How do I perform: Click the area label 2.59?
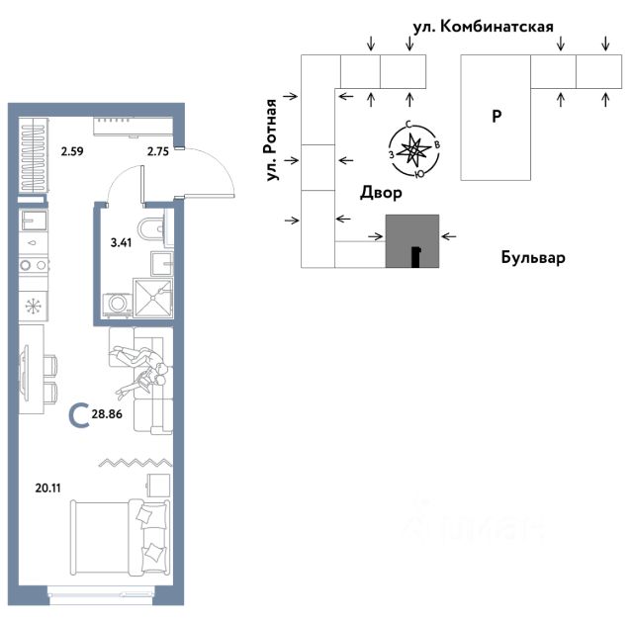click(x=72, y=151)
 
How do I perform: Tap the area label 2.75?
click(x=158, y=151)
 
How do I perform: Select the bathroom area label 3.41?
click(x=121, y=242)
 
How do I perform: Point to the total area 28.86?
click(x=107, y=414)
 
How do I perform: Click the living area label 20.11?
click(x=48, y=488)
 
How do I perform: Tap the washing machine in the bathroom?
click(x=117, y=304)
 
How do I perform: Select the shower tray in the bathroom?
click(x=153, y=298)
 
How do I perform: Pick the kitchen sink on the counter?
click(x=34, y=221)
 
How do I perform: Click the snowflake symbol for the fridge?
click(x=33, y=307)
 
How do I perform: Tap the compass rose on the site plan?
click(x=414, y=150)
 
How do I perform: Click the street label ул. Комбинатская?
click(x=483, y=27)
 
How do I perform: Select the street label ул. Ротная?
click(x=271, y=139)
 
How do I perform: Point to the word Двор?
click(x=381, y=193)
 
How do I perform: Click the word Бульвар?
click(x=533, y=257)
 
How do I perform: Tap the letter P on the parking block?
click(x=497, y=117)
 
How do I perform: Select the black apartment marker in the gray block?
click(x=415, y=257)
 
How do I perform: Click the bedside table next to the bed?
click(x=158, y=485)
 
